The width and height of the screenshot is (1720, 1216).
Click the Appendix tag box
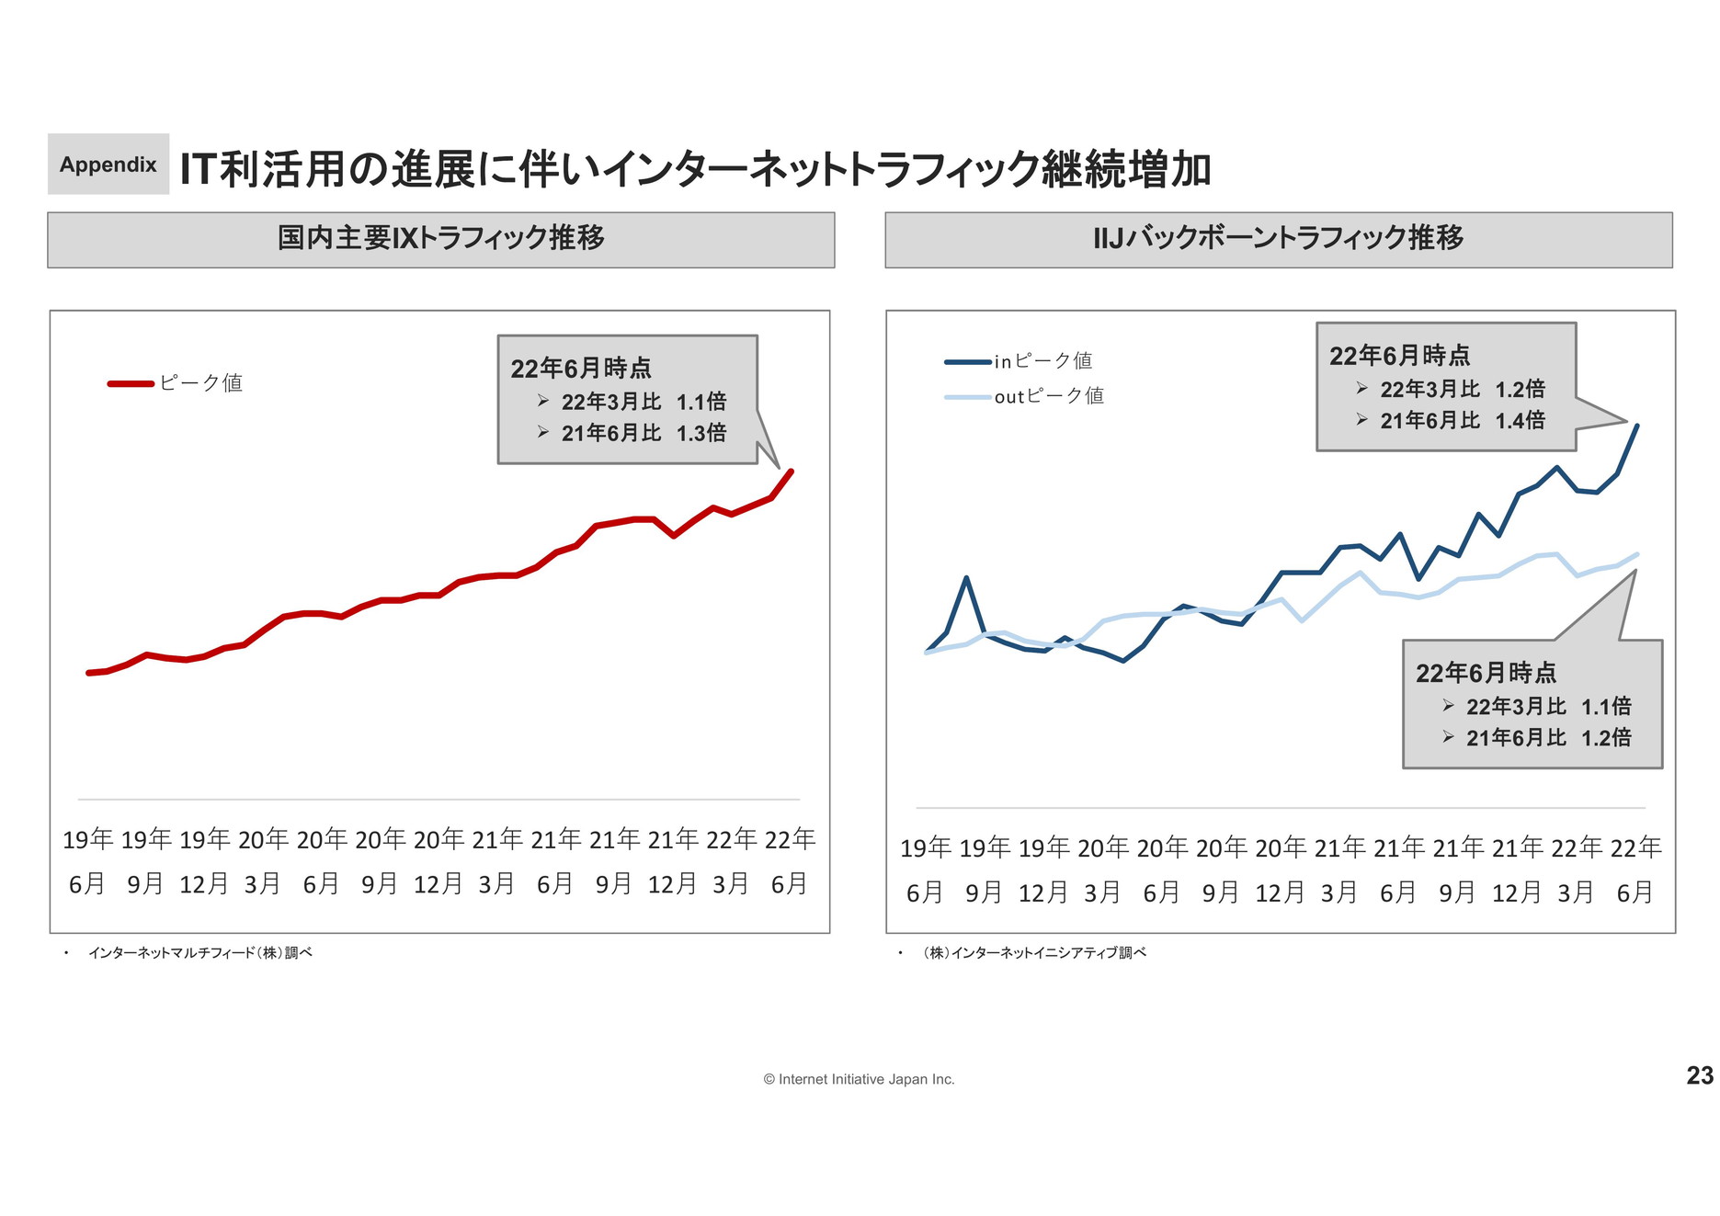click(108, 165)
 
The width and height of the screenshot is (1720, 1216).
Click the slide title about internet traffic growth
click(695, 169)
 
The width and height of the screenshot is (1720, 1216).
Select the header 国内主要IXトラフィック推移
click(441, 239)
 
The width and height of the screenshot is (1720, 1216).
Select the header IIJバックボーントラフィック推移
click(1278, 239)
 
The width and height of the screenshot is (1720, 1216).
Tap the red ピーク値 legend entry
click(175, 383)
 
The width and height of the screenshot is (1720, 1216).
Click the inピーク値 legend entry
click(1019, 361)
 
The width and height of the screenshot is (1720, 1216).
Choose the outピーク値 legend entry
click(1024, 396)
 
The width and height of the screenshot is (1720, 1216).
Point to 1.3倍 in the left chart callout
click(701, 433)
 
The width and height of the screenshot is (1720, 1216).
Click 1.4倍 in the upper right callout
click(1521, 421)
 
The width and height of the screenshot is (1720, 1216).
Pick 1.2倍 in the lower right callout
click(1606, 738)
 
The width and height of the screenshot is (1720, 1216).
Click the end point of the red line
click(792, 472)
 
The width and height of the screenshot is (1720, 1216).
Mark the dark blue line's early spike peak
click(966, 577)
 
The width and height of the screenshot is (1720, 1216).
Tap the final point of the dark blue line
click(1637, 425)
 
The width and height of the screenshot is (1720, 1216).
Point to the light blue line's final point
click(1637, 554)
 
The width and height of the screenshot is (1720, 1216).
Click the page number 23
click(1700, 1075)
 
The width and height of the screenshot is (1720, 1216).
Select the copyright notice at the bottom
click(859, 1079)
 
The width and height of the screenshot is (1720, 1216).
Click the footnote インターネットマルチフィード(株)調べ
click(199, 953)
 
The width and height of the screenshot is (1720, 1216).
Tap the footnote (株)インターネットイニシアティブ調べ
click(1034, 953)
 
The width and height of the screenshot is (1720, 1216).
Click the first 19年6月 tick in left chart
click(87, 861)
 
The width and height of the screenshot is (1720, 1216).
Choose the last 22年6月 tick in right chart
click(1635, 869)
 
